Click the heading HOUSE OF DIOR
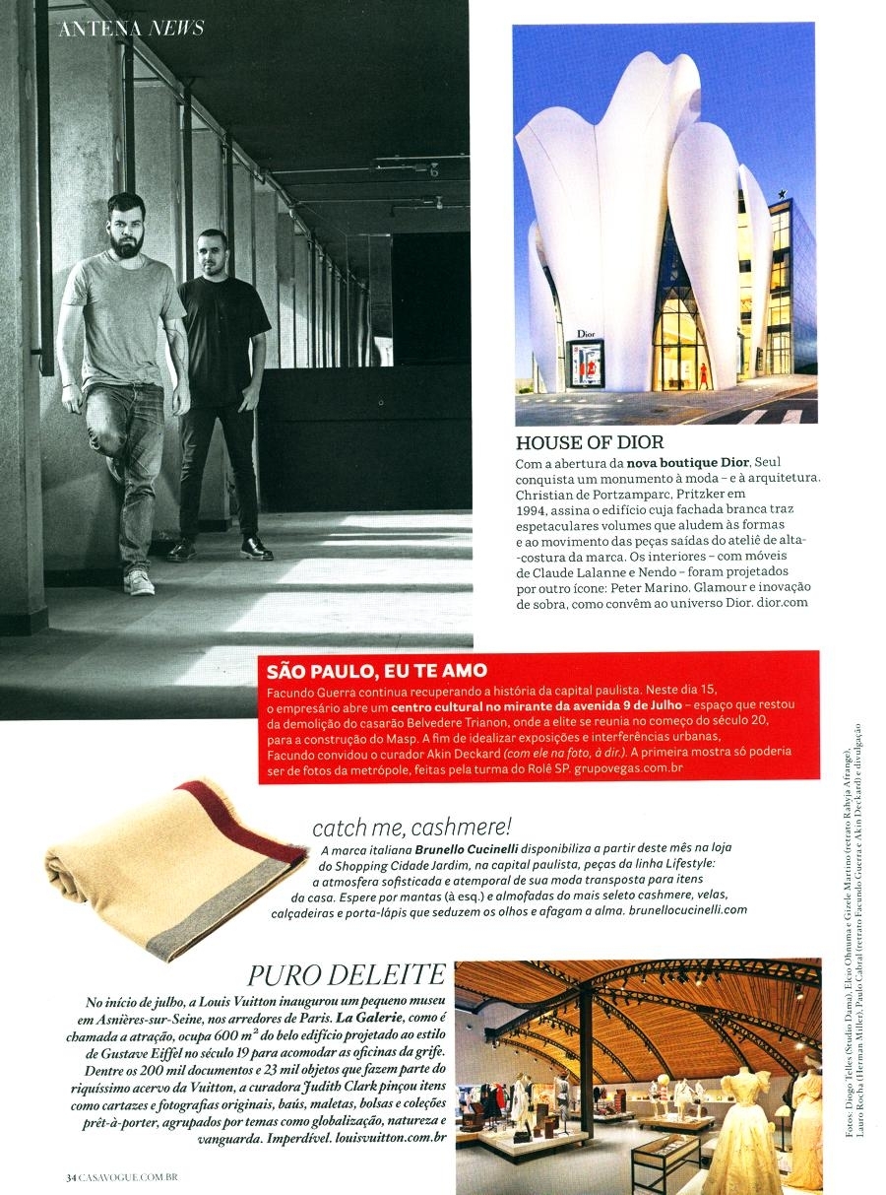(589, 442)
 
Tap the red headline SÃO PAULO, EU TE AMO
(377, 671)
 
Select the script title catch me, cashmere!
(411, 827)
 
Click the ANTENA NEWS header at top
(131, 28)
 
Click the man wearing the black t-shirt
(225, 384)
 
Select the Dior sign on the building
(586, 334)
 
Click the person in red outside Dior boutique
(703, 373)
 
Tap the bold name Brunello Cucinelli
(468, 848)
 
